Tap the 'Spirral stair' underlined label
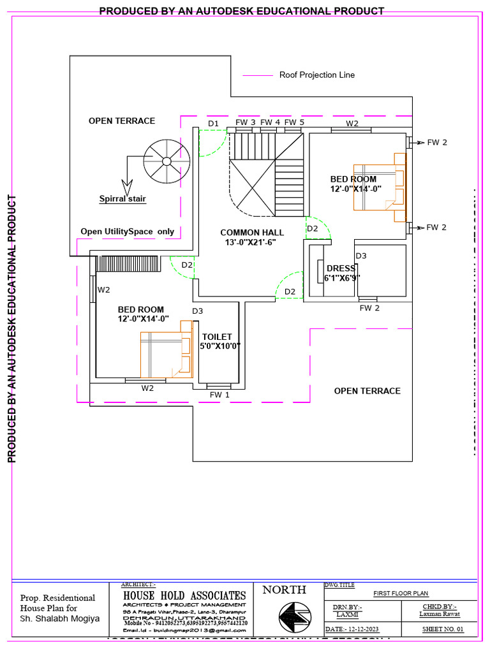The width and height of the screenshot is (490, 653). pyautogui.click(x=122, y=199)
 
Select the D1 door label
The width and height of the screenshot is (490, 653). pyautogui.click(x=213, y=123)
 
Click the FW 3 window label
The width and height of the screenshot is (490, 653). pyautogui.click(x=246, y=122)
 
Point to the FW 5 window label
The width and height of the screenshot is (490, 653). pyautogui.click(x=294, y=122)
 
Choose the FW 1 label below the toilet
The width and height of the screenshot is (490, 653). pyautogui.click(x=219, y=395)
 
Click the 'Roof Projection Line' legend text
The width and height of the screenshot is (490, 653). pyautogui.click(x=317, y=75)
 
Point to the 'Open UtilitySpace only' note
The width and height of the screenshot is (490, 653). pyautogui.click(x=127, y=231)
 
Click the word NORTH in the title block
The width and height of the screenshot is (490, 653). pyautogui.click(x=284, y=590)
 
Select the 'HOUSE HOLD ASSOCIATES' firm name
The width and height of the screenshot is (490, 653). pyautogui.click(x=184, y=595)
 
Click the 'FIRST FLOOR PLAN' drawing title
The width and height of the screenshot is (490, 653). pyautogui.click(x=401, y=594)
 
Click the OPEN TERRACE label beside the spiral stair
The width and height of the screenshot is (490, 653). pyautogui.click(x=122, y=121)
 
